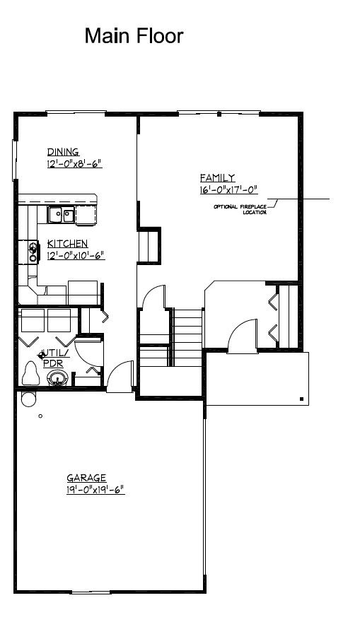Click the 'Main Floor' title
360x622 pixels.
tap(134, 36)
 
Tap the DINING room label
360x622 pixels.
tap(63, 152)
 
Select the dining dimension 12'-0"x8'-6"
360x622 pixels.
tap(75, 164)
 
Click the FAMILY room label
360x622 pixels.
tap(217, 178)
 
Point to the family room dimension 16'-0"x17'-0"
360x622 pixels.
tap(228, 189)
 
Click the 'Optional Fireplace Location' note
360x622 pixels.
tap(240, 209)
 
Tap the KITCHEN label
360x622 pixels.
tap(67, 243)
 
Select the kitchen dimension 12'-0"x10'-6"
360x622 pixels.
tap(76, 255)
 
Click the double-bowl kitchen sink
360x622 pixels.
tap(62, 213)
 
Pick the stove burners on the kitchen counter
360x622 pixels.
tap(33, 251)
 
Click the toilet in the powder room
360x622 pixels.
tap(30, 374)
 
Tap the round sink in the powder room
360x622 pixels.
tap(56, 380)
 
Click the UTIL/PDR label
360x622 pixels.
tap(54, 357)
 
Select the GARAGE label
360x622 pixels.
tap(86, 478)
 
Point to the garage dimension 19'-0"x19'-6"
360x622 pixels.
tap(95, 489)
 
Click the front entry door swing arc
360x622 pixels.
tap(244, 332)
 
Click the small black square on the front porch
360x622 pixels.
tap(302, 399)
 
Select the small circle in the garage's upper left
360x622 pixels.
tap(40, 416)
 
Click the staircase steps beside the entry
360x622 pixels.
tap(188, 329)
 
